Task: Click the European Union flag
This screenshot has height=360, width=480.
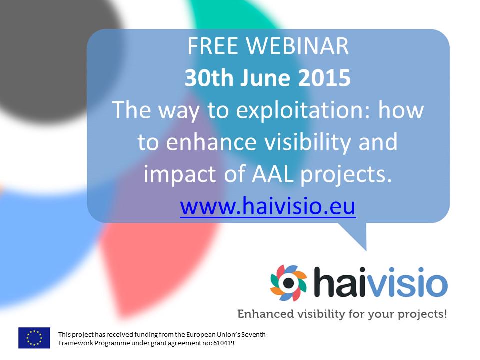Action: click(34, 338)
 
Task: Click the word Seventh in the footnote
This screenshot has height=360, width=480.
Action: click(254, 334)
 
